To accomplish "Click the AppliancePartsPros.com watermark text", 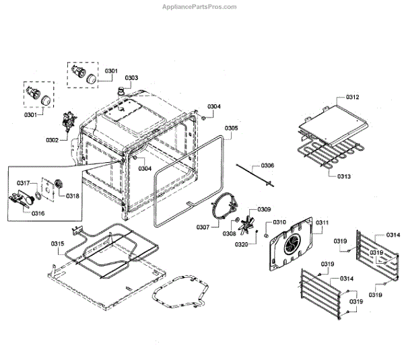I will coord(201,6).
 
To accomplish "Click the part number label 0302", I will coord(52,140).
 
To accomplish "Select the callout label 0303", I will coord(131,78).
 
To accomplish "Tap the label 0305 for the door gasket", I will coord(231,128).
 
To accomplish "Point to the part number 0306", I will coord(267,166).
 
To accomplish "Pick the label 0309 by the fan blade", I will coord(264,209).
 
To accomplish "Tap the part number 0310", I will coord(279,222).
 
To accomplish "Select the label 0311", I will coord(323,223).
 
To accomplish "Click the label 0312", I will coord(353,98).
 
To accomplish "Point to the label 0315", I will coord(58,244).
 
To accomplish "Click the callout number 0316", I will coord(38,213).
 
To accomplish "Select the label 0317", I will coord(24,183).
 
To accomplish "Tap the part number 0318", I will coord(72,196).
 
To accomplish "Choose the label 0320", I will coord(240,245).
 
